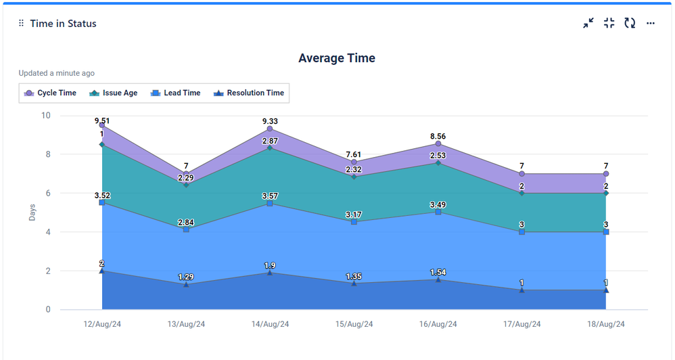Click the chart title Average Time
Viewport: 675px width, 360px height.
pyautogui.click(x=337, y=58)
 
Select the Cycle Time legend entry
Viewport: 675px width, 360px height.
pyautogui.click(x=50, y=93)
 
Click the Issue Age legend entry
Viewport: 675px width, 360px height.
pyautogui.click(x=114, y=93)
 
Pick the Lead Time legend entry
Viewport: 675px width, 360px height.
pyautogui.click(x=175, y=93)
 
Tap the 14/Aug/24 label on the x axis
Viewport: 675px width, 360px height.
pyautogui.click(x=270, y=325)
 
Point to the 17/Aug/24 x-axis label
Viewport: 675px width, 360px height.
pyautogui.click(x=521, y=325)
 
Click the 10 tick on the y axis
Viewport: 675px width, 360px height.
pyautogui.click(x=46, y=116)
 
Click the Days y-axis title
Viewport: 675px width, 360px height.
pyautogui.click(x=32, y=212)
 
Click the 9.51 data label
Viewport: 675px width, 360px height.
pyautogui.click(x=102, y=121)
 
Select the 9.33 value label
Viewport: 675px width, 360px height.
pyautogui.click(x=270, y=122)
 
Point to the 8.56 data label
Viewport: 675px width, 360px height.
pyautogui.click(x=438, y=137)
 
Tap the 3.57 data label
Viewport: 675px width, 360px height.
pyautogui.click(x=270, y=196)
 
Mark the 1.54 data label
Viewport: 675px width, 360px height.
pyautogui.click(x=438, y=272)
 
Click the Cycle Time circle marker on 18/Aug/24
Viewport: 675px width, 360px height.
pyautogui.click(x=605, y=174)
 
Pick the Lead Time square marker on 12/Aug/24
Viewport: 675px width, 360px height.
pyautogui.click(x=102, y=202)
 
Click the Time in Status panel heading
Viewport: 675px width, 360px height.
pyautogui.click(x=63, y=24)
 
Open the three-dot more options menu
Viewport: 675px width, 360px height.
pyautogui.click(x=651, y=23)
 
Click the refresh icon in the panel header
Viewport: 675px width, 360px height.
pyautogui.click(x=630, y=23)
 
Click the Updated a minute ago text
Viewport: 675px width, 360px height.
pyautogui.click(x=56, y=73)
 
